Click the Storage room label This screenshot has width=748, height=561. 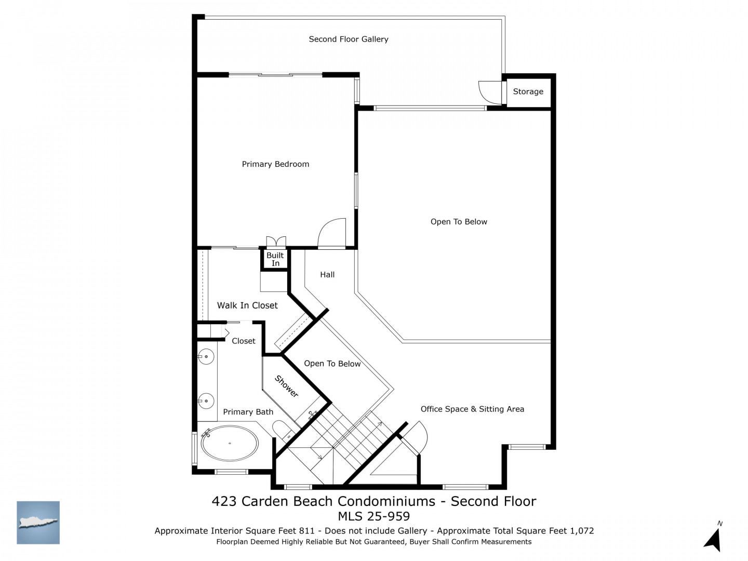(x=528, y=91)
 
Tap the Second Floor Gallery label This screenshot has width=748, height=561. (x=348, y=39)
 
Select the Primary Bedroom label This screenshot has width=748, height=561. (x=275, y=164)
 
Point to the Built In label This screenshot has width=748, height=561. (x=275, y=259)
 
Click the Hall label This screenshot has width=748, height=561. (x=327, y=275)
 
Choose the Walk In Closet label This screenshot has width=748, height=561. (x=247, y=305)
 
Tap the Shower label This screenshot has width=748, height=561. (x=287, y=386)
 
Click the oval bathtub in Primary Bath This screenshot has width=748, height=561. (x=230, y=443)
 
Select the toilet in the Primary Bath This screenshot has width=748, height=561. (x=283, y=430)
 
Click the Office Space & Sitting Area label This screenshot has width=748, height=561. (x=472, y=409)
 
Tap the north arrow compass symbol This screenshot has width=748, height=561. (x=713, y=540)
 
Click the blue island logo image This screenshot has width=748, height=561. (x=38, y=523)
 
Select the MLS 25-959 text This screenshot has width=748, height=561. (x=374, y=516)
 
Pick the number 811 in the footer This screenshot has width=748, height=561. (x=306, y=531)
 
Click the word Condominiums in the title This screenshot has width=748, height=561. (x=386, y=501)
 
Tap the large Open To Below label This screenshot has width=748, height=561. (x=459, y=222)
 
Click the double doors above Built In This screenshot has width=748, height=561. (x=276, y=241)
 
